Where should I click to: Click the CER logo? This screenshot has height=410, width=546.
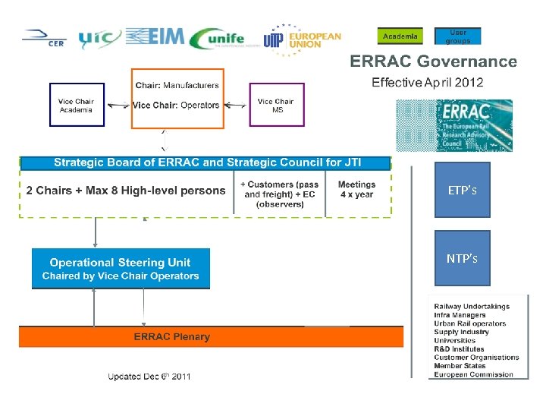coord(44,38)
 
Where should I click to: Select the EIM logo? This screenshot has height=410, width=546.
coord(154,37)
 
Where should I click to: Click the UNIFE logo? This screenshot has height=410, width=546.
coord(218,39)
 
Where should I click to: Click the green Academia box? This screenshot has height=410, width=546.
coord(400,36)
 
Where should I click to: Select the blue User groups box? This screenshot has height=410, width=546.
coord(457,36)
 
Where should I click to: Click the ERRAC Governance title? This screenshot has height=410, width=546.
coord(433,61)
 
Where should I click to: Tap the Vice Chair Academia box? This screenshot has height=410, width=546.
coord(77,105)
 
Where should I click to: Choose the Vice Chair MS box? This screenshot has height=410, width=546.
coord(276,105)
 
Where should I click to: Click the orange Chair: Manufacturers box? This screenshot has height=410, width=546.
coord(177,98)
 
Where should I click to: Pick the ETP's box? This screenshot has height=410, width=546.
coord(462,190)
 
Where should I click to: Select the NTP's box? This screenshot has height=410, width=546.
coord(462,258)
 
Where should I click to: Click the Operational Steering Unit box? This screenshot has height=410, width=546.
coord(121,269)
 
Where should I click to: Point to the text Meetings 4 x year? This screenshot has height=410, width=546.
coord(356,190)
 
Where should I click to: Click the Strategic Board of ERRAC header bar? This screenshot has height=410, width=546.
coord(205,162)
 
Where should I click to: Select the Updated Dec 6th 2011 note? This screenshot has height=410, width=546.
coord(149,376)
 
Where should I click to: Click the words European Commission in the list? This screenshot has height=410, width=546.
coord(473,374)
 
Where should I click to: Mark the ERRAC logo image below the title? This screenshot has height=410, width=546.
coord(454,125)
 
